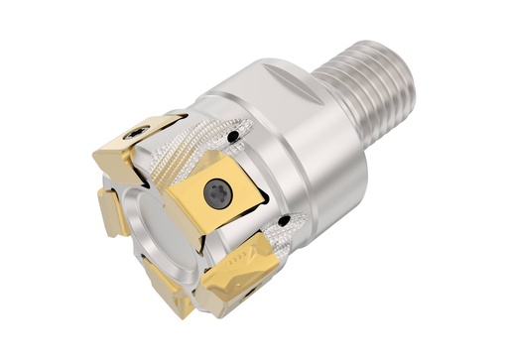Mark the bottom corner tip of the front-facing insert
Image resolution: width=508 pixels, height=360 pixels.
(204, 238)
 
